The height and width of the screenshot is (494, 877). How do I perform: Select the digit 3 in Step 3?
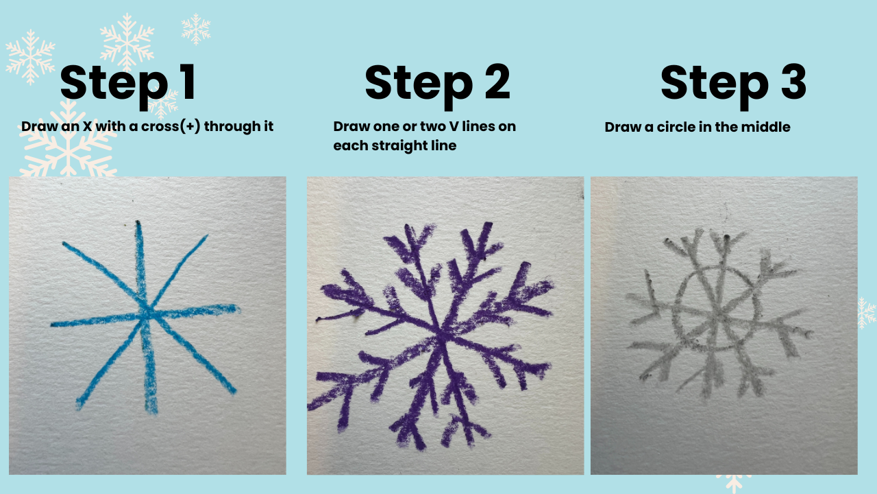coord(793,82)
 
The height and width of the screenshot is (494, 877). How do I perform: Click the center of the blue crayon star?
coord(146,312)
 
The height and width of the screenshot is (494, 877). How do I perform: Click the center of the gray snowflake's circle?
coord(717,309)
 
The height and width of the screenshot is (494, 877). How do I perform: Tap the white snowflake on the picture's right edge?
coord(867,313)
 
